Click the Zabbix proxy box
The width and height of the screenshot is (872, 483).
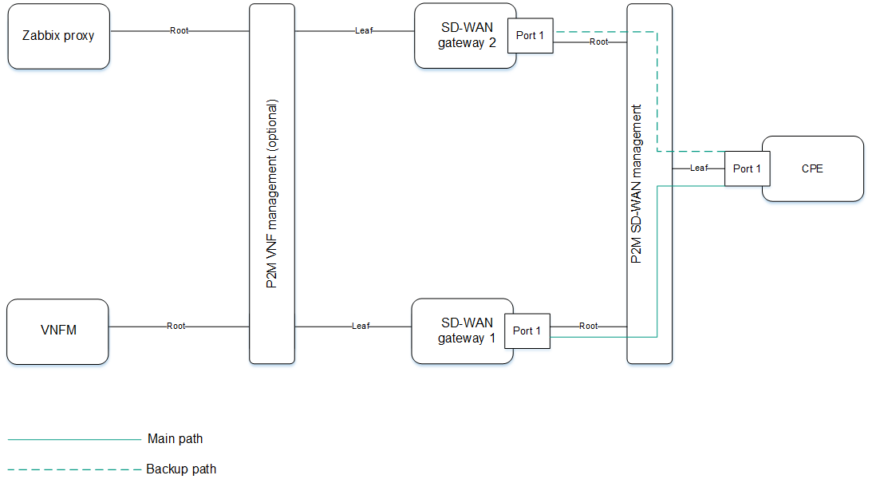tap(58, 36)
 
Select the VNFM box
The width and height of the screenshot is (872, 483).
tap(57, 331)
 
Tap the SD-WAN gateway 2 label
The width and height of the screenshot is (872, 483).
tap(466, 36)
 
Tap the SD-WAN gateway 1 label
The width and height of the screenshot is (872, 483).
tap(466, 331)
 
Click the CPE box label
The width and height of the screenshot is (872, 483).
tap(812, 168)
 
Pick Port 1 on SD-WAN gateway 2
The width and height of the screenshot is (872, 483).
tap(531, 36)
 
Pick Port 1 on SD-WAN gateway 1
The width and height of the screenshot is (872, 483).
tap(527, 331)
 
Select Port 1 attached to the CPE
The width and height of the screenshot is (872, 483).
tap(747, 168)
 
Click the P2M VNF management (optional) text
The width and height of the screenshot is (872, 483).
tap(272, 195)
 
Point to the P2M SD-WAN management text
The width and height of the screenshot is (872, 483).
tap(636, 184)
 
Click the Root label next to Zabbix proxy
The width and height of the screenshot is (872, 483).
tap(180, 31)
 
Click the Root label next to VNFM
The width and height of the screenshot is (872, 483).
tap(176, 326)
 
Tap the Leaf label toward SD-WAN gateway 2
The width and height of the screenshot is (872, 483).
tap(364, 31)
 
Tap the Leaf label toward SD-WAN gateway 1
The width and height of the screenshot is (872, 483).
tap(361, 326)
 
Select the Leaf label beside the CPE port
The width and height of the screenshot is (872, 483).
tap(699, 168)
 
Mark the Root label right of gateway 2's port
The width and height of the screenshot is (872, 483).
tap(599, 42)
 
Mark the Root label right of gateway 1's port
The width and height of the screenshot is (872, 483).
tap(589, 326)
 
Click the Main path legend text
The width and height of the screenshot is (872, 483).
tap(175, 439)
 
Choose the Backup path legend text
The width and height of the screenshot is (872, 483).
tap(181, 469)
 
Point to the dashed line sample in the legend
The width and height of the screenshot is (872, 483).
tap(74, 469)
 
